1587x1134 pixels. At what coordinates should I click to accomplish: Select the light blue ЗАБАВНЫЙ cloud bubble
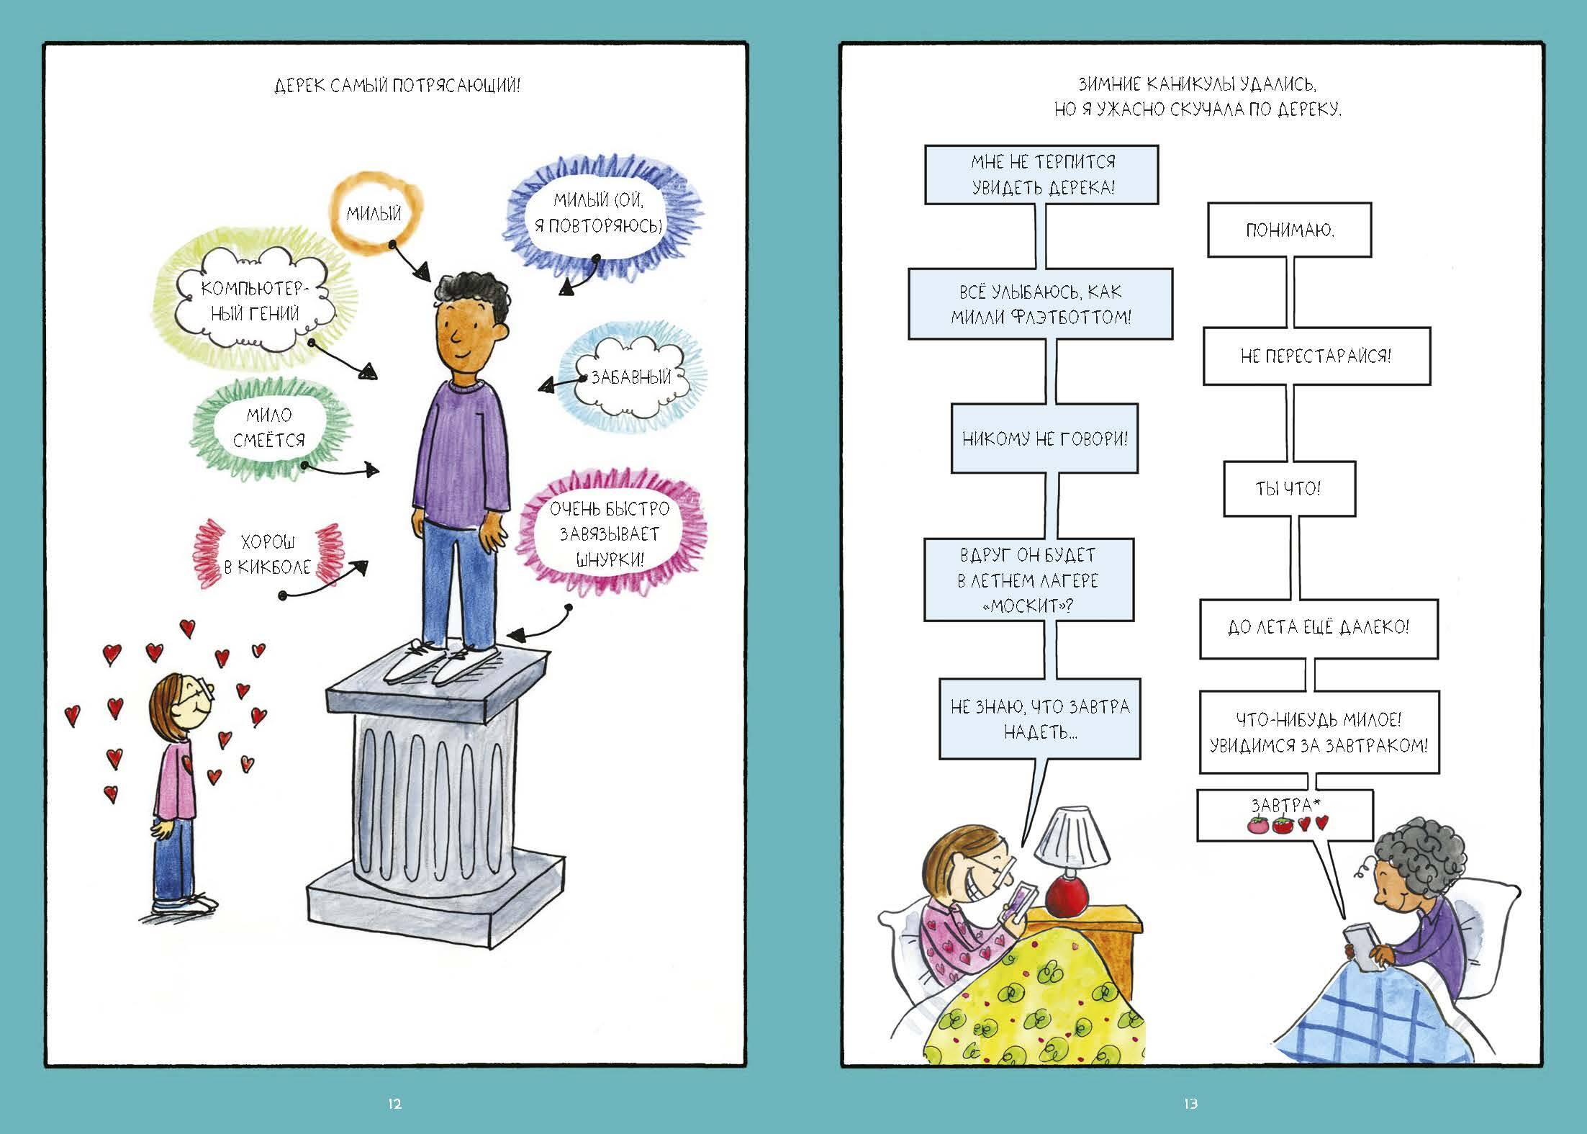tap(630, 377)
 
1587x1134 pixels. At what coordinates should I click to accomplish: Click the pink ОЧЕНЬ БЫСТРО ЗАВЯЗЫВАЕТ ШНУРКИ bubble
tap(609, 534)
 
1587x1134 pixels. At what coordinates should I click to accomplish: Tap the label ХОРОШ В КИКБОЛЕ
tap(266, 554)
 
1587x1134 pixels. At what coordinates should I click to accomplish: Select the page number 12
tap(394, 1103)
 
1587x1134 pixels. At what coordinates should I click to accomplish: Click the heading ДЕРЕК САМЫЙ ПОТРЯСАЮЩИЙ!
tap(397, 86)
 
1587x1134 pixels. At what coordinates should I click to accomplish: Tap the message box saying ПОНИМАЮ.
tap(1289, 230)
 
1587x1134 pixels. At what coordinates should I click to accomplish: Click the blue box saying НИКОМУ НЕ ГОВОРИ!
tap(1044, 438)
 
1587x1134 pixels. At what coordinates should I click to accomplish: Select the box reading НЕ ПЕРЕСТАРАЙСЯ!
tap(1316, 356)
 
